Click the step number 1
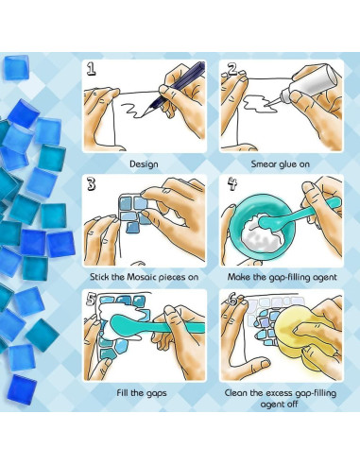[x=92, y=69]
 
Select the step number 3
[x=92, y=184]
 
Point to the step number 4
[x=229, y=184]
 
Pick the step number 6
[x=229, y=300]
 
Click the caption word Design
[x=144, y=163]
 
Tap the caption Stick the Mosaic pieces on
[x=144, y=278]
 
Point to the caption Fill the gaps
[x=144, y=392]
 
